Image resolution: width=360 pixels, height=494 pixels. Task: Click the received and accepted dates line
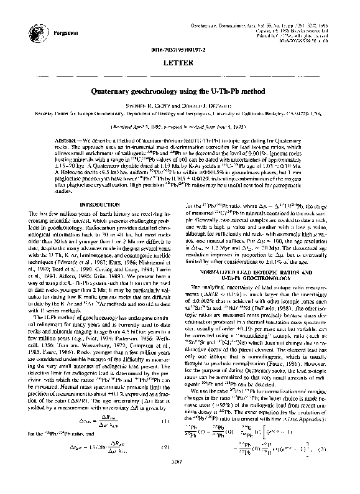coord(180,124)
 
